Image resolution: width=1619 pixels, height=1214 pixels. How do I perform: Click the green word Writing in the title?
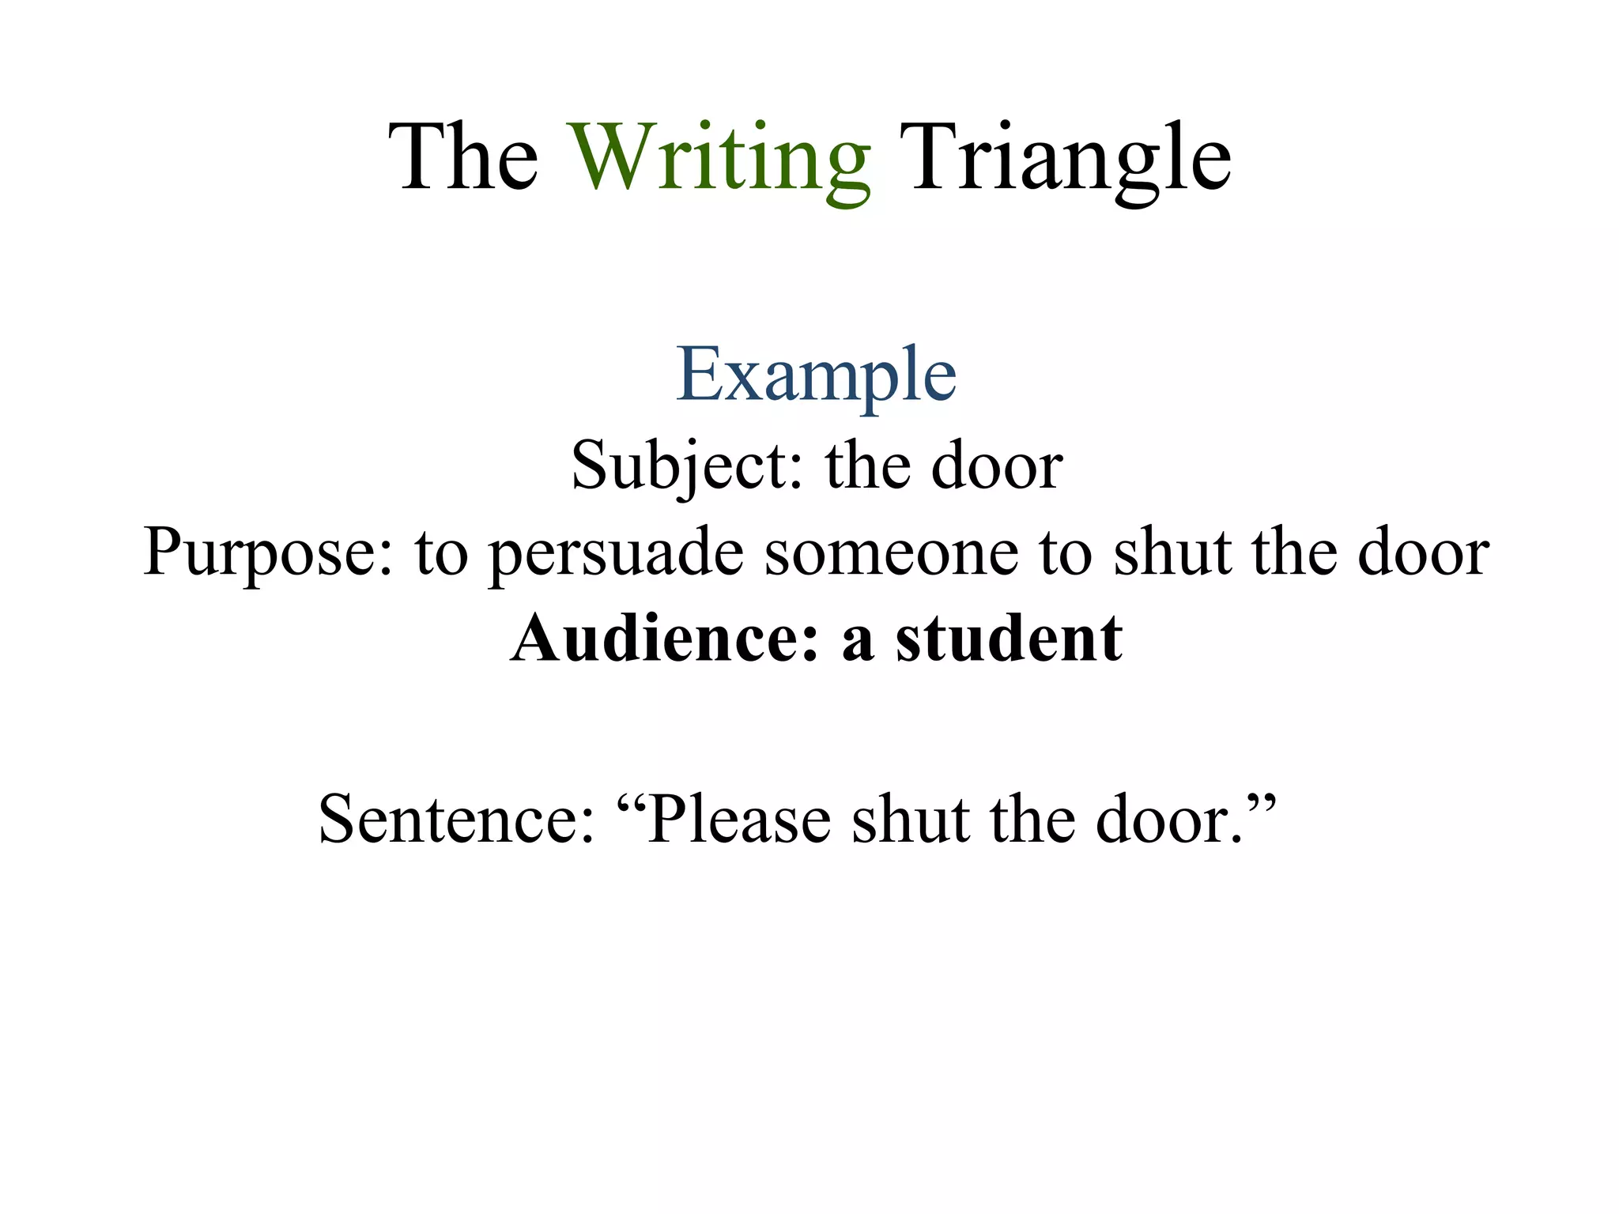721,158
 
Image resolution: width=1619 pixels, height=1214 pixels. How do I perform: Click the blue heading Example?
816,375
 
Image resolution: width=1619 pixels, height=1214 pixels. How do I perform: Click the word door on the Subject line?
998,466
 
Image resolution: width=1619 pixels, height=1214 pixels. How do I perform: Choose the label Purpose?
269,552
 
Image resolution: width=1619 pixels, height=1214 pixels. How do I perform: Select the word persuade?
617,552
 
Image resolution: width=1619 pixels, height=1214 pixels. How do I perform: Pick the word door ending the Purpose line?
1424,552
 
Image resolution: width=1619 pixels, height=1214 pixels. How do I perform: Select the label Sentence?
456,820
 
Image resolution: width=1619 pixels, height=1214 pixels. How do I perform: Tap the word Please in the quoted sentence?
738,820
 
